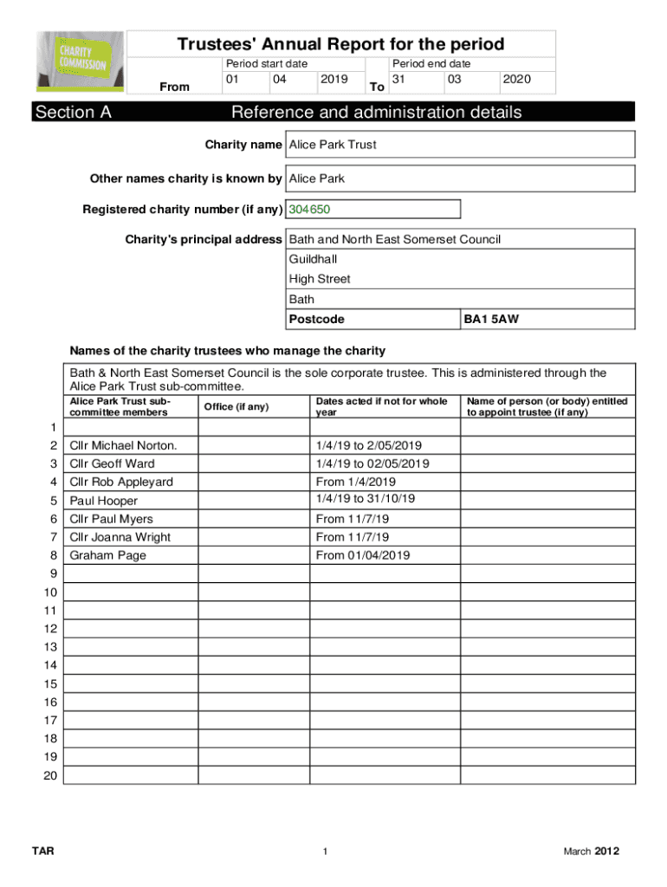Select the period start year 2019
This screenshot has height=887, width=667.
pyautogui.click(x=333, y=80)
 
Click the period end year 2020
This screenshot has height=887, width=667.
pyautogui.click(x=515, y=80)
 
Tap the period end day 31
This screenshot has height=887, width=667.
pyautogui.click(x=399, y=80)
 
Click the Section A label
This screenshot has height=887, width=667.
pyautogui.click(x=73, y=113)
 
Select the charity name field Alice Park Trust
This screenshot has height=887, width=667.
pyautogui.click(x=333, y=145)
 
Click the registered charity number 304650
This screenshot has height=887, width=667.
pyautogui.click(x=309, y=210)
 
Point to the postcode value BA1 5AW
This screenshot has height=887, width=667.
pyautogui.click(x=491, y=320)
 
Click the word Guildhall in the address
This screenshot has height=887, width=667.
pyautogui.click(x=313, y=259)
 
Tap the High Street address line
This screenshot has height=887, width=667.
pyautogui.click(x=319, y=279)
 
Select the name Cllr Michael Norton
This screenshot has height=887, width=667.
pyautogui.click(x=123, y=445)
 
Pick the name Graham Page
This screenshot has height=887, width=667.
pyautogui.click(x=107, y=555)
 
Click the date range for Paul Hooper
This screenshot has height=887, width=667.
pyautogui.click(x=366, y=499)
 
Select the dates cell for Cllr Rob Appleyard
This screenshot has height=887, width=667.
pyautogui.click(x=356, y=482)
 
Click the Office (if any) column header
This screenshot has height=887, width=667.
pyautogui.click(x=236, y=407)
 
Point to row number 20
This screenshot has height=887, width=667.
pyautogui.click(x=50, y=776)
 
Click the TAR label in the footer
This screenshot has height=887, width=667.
pyautogui.click(x=42, y=852)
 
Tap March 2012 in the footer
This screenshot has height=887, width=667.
pyautogui.click(x=591, y=852)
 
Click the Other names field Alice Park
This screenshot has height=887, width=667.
pyautogui.click(x=316, y=178)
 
